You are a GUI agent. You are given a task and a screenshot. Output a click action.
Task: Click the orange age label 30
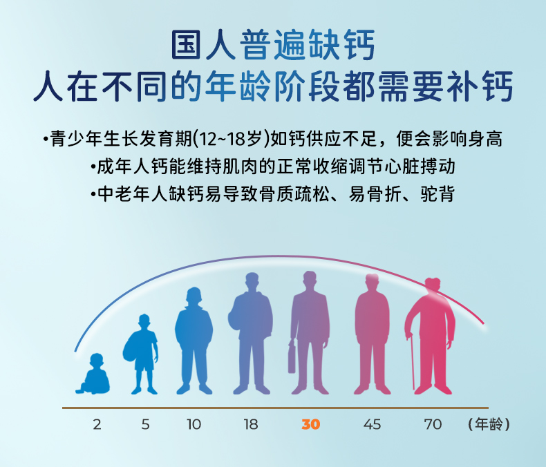310,424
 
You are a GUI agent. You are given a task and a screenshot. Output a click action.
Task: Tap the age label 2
97,425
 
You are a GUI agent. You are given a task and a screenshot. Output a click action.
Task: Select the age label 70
433,425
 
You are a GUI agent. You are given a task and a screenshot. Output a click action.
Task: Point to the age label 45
372,425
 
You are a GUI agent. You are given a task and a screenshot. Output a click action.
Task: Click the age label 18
251,425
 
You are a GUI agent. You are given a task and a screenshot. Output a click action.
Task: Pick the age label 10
194,425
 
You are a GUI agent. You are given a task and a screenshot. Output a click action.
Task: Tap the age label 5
146,425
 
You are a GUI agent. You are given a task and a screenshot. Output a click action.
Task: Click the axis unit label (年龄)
489,425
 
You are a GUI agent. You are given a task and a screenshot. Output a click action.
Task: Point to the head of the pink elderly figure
433,285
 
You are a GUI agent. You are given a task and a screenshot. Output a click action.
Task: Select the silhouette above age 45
373,334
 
